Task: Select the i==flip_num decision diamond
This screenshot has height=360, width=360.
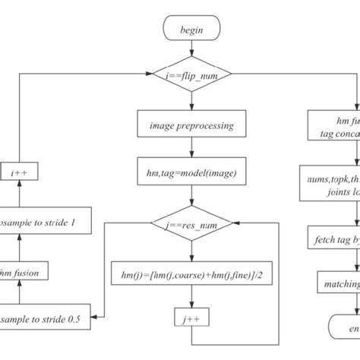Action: pos(187,75)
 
